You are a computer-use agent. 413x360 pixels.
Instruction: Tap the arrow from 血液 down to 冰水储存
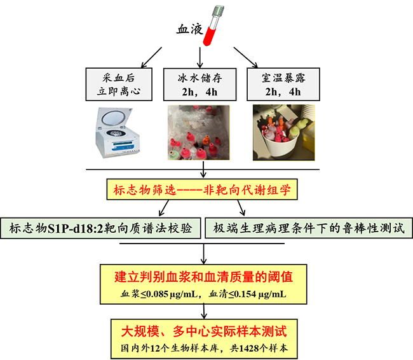point(202,57)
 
